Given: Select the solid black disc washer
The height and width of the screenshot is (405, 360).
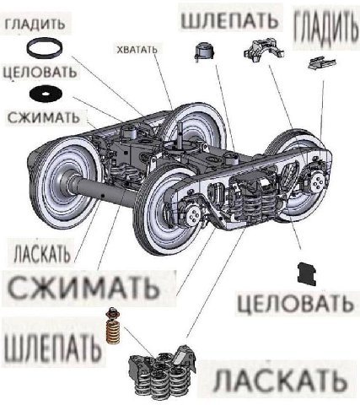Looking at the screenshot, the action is (x=46, y=93).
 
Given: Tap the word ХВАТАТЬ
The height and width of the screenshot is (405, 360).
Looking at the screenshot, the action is (x=137, y=50).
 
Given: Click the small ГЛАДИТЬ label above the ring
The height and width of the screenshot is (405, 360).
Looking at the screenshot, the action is (x=35, y=24).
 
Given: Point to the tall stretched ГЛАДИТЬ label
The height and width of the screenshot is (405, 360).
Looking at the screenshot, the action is (x=327, y=26).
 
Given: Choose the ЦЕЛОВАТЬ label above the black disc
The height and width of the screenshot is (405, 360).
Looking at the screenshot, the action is (x=40, y=72).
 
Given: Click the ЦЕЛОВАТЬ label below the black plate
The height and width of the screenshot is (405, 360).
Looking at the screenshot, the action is (x=295, y=304).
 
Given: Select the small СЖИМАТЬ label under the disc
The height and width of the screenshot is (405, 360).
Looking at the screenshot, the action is (x=44, y=117).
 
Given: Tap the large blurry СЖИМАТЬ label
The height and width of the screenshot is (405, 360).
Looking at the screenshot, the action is (x=83, y=288).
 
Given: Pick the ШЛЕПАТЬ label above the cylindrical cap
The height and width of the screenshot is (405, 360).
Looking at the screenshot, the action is (x=229, y=20).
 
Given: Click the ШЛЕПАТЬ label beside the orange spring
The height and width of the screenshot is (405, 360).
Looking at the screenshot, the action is (x=52, y=348).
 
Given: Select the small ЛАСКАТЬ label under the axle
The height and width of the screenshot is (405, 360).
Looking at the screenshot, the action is (x=41, y=253).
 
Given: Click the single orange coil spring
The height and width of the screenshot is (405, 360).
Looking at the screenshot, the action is (x=113, y=326).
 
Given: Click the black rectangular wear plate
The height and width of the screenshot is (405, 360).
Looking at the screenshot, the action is (x=306, y=273).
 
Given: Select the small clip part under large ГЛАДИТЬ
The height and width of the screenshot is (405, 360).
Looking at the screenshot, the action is (x=322, y=62).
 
